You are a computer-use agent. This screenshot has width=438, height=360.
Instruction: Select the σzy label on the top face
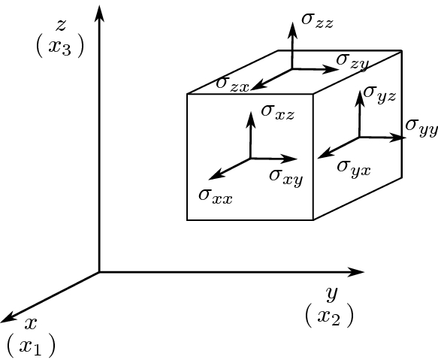click(x=352, y=59)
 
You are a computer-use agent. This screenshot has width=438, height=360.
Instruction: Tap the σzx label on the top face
click(x=232, y=83)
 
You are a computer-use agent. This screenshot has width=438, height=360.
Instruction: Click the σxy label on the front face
click(x=285, y=175)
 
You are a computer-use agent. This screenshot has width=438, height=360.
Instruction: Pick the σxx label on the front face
click(x=216, y=195)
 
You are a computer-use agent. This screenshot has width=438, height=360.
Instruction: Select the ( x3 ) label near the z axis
click(x=59, y=47)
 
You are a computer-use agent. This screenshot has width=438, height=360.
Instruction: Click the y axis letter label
click(x=331, y=293)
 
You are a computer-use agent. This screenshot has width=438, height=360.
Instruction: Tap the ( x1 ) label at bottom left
click(x=31, y=346)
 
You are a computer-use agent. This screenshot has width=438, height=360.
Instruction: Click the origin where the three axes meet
click(x=100, y=271)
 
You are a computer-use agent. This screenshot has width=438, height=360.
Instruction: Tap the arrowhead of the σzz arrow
click(x=292, y=28)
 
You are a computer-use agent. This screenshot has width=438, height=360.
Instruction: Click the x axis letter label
click(x=31, y=324)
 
